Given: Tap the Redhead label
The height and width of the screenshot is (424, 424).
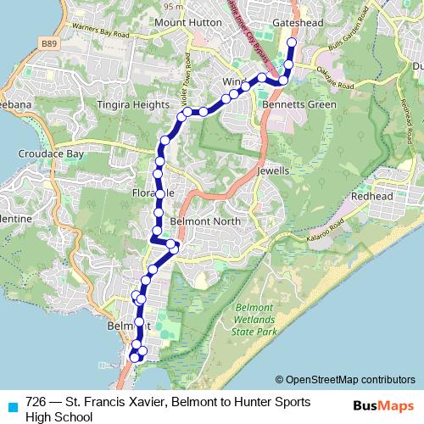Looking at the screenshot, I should pos(373,195).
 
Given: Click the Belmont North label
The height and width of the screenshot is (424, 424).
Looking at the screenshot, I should pos(205,220).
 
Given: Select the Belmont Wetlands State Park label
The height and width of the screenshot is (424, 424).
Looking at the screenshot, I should pos(258,321).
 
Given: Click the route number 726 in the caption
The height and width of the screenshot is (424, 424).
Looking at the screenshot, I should pos(36,400).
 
